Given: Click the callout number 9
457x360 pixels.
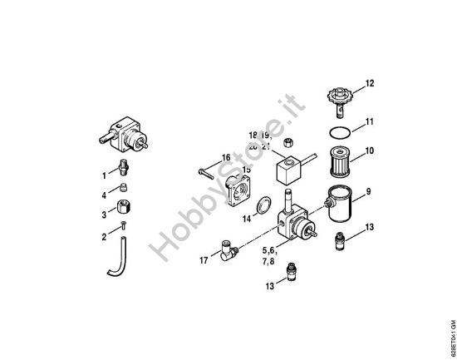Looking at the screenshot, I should pyautogui.click(x=368, y=192).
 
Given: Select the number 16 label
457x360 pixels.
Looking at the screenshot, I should pyautogui.click(x=225, y=158).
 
